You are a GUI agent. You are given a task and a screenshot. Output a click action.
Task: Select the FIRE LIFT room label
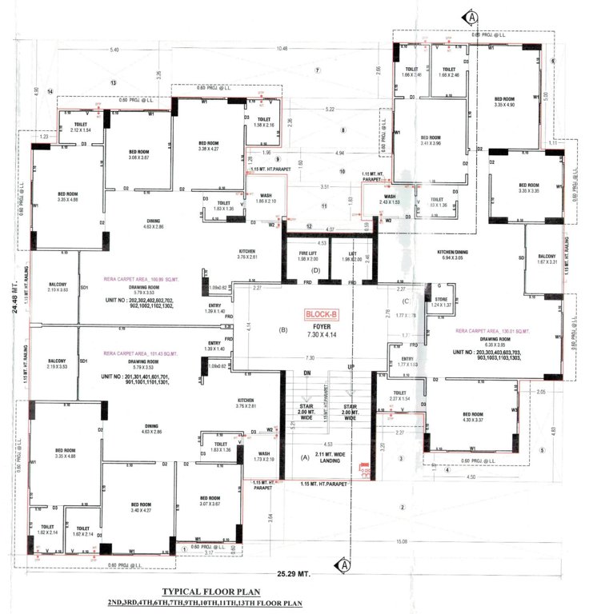pyautogui.click(x=298, y=255)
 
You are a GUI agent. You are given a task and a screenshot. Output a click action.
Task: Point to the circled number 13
pyautogui.click(x=114, y=82)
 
